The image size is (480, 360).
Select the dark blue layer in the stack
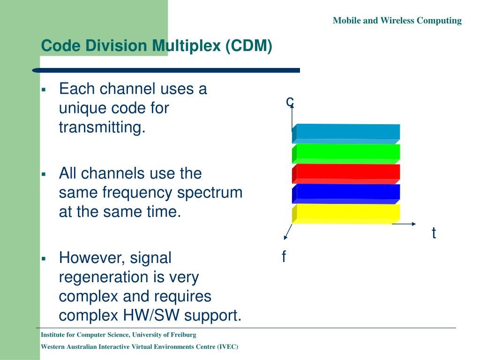347,192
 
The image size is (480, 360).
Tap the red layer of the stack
347,172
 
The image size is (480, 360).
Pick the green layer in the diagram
347,152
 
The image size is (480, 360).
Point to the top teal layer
347,132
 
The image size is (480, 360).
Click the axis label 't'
434,233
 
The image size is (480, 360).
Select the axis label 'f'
284,257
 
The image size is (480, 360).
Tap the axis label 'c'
290,100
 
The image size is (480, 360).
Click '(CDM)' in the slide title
248,46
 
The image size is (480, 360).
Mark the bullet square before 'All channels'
43,174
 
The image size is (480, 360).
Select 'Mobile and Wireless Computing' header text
397,21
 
